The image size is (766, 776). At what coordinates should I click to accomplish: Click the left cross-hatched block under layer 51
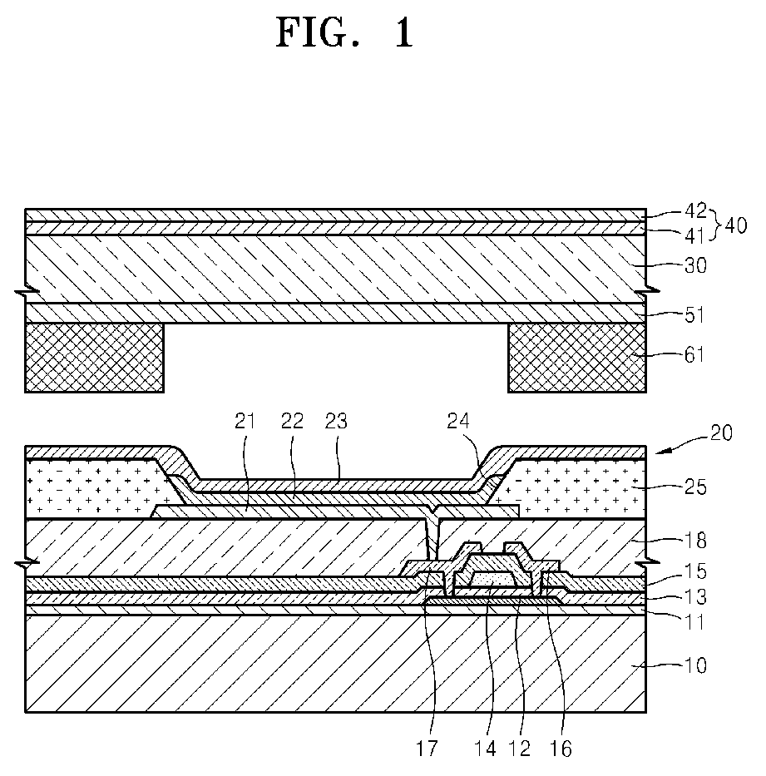pyautogui.click(x=94, y=357)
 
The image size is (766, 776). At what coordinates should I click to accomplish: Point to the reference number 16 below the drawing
pyautogui.click(x=561, y=749)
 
